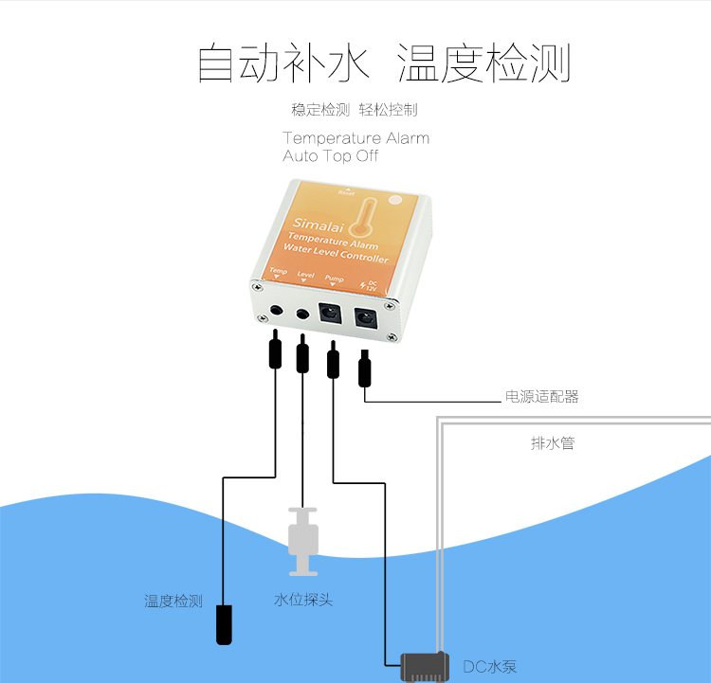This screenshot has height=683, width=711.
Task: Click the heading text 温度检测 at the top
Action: (483, 63)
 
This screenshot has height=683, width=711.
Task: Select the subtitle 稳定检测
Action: (320, 110)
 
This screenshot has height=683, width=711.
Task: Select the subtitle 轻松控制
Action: (388, 110)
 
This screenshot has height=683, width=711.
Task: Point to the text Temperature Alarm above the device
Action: (355, 138)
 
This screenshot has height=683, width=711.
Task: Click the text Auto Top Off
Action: (330, 156)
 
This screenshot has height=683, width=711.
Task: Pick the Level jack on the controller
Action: (302, 314)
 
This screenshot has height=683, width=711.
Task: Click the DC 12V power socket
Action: (365, 319)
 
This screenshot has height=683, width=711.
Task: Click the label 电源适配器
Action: (541, 397)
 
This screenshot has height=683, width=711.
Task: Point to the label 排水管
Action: (552, 442)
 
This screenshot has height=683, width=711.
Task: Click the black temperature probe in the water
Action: (223, 624)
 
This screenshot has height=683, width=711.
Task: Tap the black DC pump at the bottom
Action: (424, 666)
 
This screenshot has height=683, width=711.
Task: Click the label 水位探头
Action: (303, 601)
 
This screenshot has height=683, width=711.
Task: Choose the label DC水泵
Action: (489, 667)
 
